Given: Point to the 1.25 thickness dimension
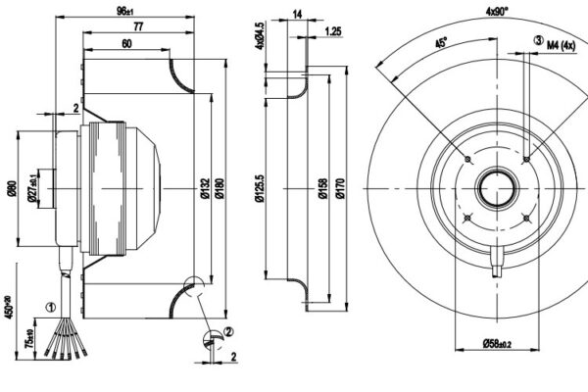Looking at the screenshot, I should [333, 31].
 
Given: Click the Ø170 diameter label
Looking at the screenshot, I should [340, 186].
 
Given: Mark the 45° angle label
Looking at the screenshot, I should [441, 43].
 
